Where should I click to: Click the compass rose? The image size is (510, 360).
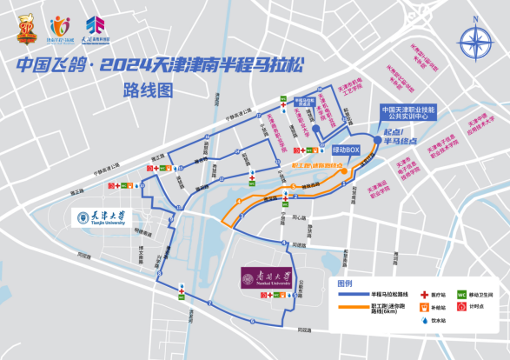474,40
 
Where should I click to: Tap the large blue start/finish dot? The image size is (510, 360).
376,138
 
